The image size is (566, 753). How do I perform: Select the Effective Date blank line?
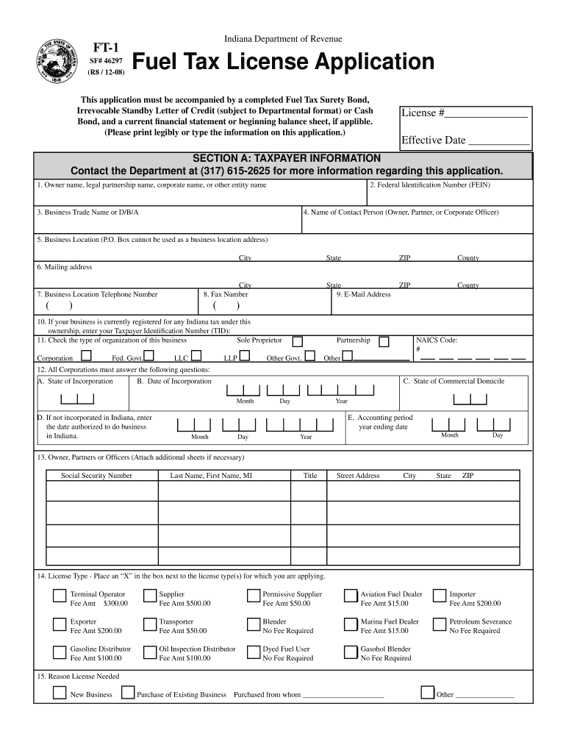pyautogui.click(x=498, y=141)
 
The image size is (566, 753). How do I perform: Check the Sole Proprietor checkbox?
pyautogui.click(x=298, y=341)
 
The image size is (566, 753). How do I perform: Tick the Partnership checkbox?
pyautogui.click(x=384, y=341)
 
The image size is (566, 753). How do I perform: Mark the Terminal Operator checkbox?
pyautogui.click(x=58, y=596)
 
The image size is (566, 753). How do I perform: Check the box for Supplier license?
pyautogui.click(x=149, y=596)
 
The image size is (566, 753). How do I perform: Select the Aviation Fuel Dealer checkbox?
pyautogui.click(x=350, y=596)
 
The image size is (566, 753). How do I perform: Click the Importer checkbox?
pyautogui.click(x=439, y=596)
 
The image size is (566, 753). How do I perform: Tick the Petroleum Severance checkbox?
pyautogui.click(x=439, y=624)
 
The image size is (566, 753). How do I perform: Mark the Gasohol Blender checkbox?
pyautogui.click(x=350, y=652)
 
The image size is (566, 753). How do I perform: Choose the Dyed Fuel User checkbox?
pyautogui.click(x=253, y=652)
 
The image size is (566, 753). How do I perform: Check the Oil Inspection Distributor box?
pyautogui.click(x=149, y=652)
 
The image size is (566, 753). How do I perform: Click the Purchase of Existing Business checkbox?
pyautogui.click(x=127, y=692)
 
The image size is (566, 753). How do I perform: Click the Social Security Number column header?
pyautogui.click(x=96, y=476)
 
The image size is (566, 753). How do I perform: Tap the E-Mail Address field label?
pyautogui.click(x=363, y=295)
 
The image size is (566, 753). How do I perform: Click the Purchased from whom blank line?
pyautogui.click(x=343, y=696)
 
